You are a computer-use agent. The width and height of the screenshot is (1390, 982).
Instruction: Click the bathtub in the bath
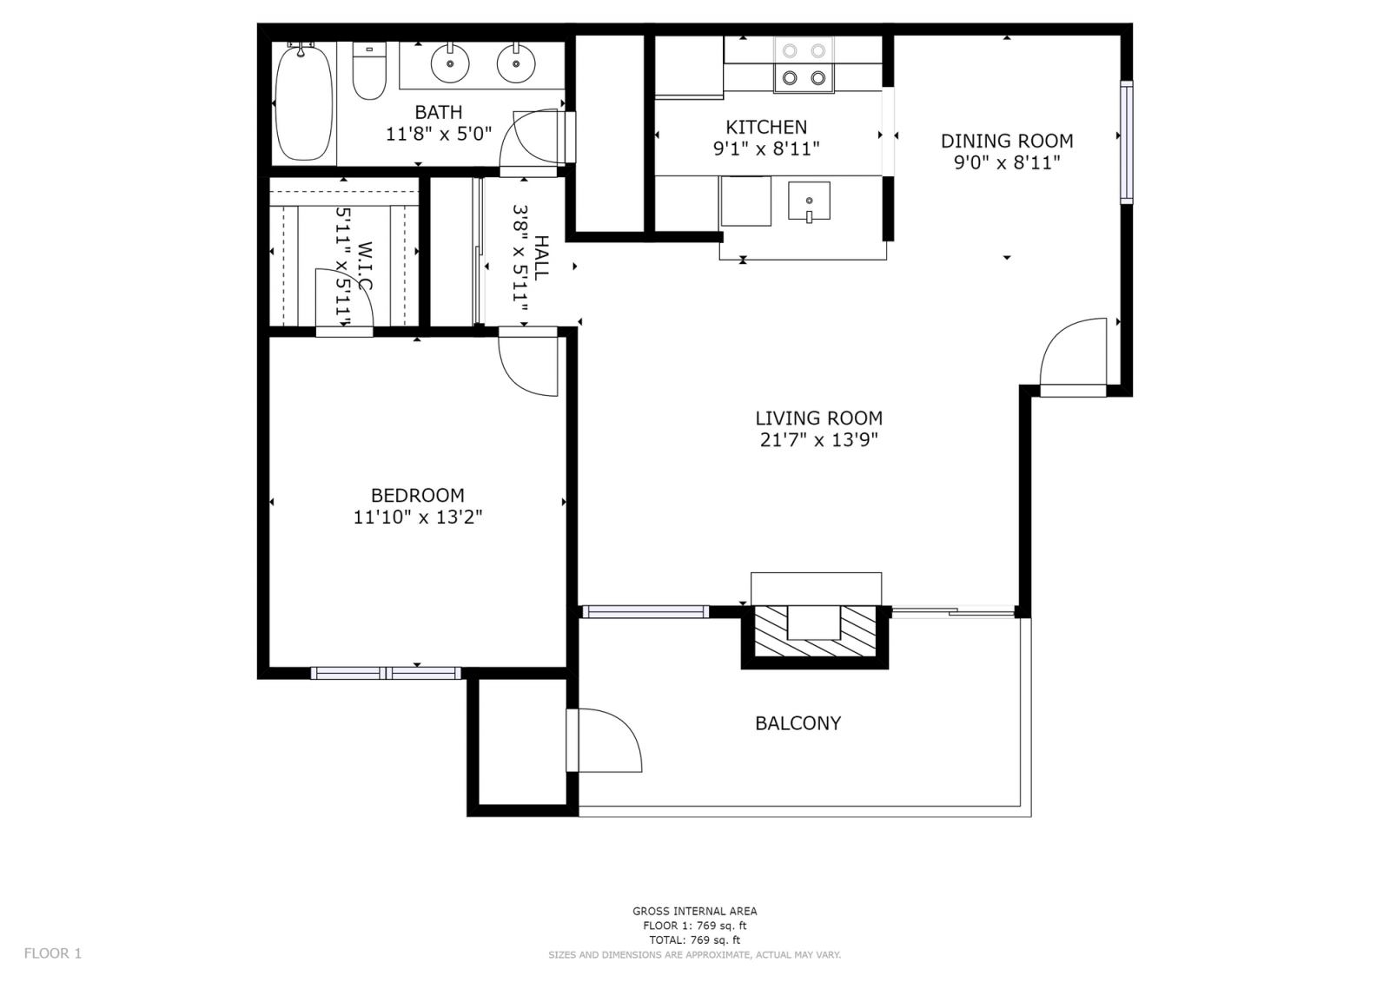(x=303, y=102)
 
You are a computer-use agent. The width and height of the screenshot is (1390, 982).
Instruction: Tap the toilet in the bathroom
(x=369, y=70)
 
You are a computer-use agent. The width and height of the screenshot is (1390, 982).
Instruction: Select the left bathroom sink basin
(x=450, y=63)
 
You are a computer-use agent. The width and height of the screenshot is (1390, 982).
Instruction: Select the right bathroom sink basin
(x=516, y=63)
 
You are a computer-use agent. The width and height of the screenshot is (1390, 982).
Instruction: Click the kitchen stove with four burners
(x=804, y=64)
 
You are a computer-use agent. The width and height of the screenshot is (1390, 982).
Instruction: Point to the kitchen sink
(x=809, y=201)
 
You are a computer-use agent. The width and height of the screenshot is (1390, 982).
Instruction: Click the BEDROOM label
(x=418, y=495)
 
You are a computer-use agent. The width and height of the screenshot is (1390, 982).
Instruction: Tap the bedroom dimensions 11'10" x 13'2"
(x=418, y=517)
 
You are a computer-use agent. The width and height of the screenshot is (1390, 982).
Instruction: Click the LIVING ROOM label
(x=819, y=419)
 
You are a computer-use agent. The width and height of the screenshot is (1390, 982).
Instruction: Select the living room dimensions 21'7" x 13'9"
(x=819, y=440)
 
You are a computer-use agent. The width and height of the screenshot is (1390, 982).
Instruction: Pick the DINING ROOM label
(x=1007, y=141)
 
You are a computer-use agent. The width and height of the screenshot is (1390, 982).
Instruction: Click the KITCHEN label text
(x=766, y=127)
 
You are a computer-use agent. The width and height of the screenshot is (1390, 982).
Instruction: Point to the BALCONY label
(x=798, y=723)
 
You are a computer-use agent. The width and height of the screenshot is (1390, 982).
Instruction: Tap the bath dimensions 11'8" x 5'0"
(x=439, y=134)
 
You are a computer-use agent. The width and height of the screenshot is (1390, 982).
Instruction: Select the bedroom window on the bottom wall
(x=386, y=673)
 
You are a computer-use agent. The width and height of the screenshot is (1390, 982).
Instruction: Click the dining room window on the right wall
(x=1126, y=142)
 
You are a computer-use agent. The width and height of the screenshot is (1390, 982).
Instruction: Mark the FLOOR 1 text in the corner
(x=53, y=953)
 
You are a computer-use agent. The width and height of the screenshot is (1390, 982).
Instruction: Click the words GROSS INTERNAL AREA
(x=695, y=912)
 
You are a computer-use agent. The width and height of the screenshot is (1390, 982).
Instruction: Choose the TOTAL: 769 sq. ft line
(x=695, y=940)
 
